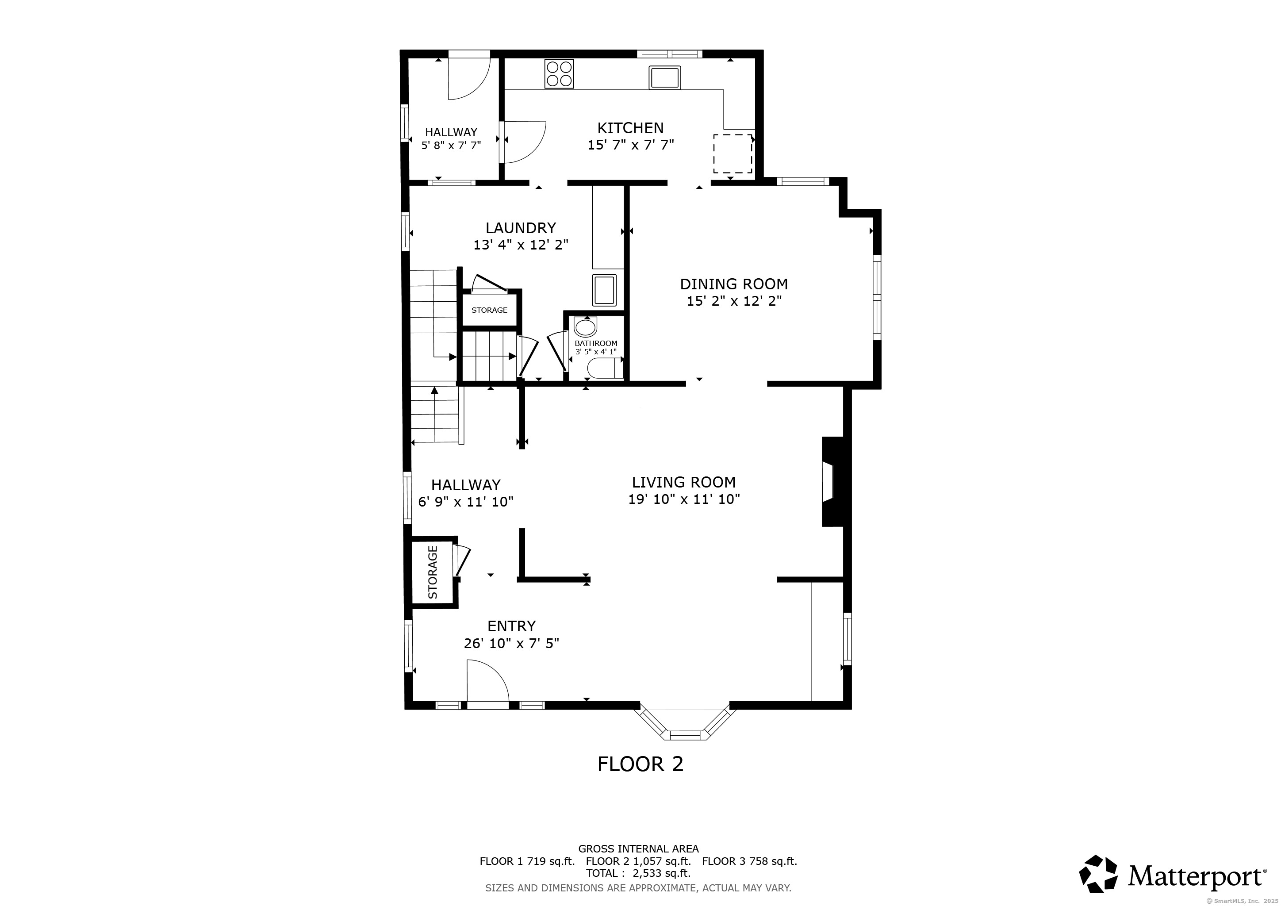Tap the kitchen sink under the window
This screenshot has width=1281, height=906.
click(x=664, y=77)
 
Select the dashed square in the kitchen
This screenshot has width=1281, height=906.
click(x=732, y=154)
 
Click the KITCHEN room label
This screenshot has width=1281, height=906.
click(x=630, y=128)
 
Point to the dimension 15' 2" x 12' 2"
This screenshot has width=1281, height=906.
click(x=734, y=301)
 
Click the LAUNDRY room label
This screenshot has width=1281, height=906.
click(x=521, y=228)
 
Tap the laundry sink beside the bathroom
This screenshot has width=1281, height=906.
click(x=604, y=290)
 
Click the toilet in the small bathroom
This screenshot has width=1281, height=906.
click(x=605, y=369)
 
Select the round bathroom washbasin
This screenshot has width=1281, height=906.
click(x=585, y=326)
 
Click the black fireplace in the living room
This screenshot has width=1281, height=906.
click(x=833, y=481)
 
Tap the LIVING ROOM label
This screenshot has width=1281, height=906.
click(x=683, y=482)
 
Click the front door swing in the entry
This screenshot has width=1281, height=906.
click(x=487, y=682)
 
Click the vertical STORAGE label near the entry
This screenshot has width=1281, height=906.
click(x=433, y=572)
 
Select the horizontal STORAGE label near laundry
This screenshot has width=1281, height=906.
click(x=489, y=310)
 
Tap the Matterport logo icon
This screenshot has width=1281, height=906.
click(x=1098, y=874)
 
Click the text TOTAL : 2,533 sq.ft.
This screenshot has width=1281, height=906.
click(x=638, y=873)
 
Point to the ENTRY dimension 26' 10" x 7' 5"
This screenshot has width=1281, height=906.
click(x=511, y=644)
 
